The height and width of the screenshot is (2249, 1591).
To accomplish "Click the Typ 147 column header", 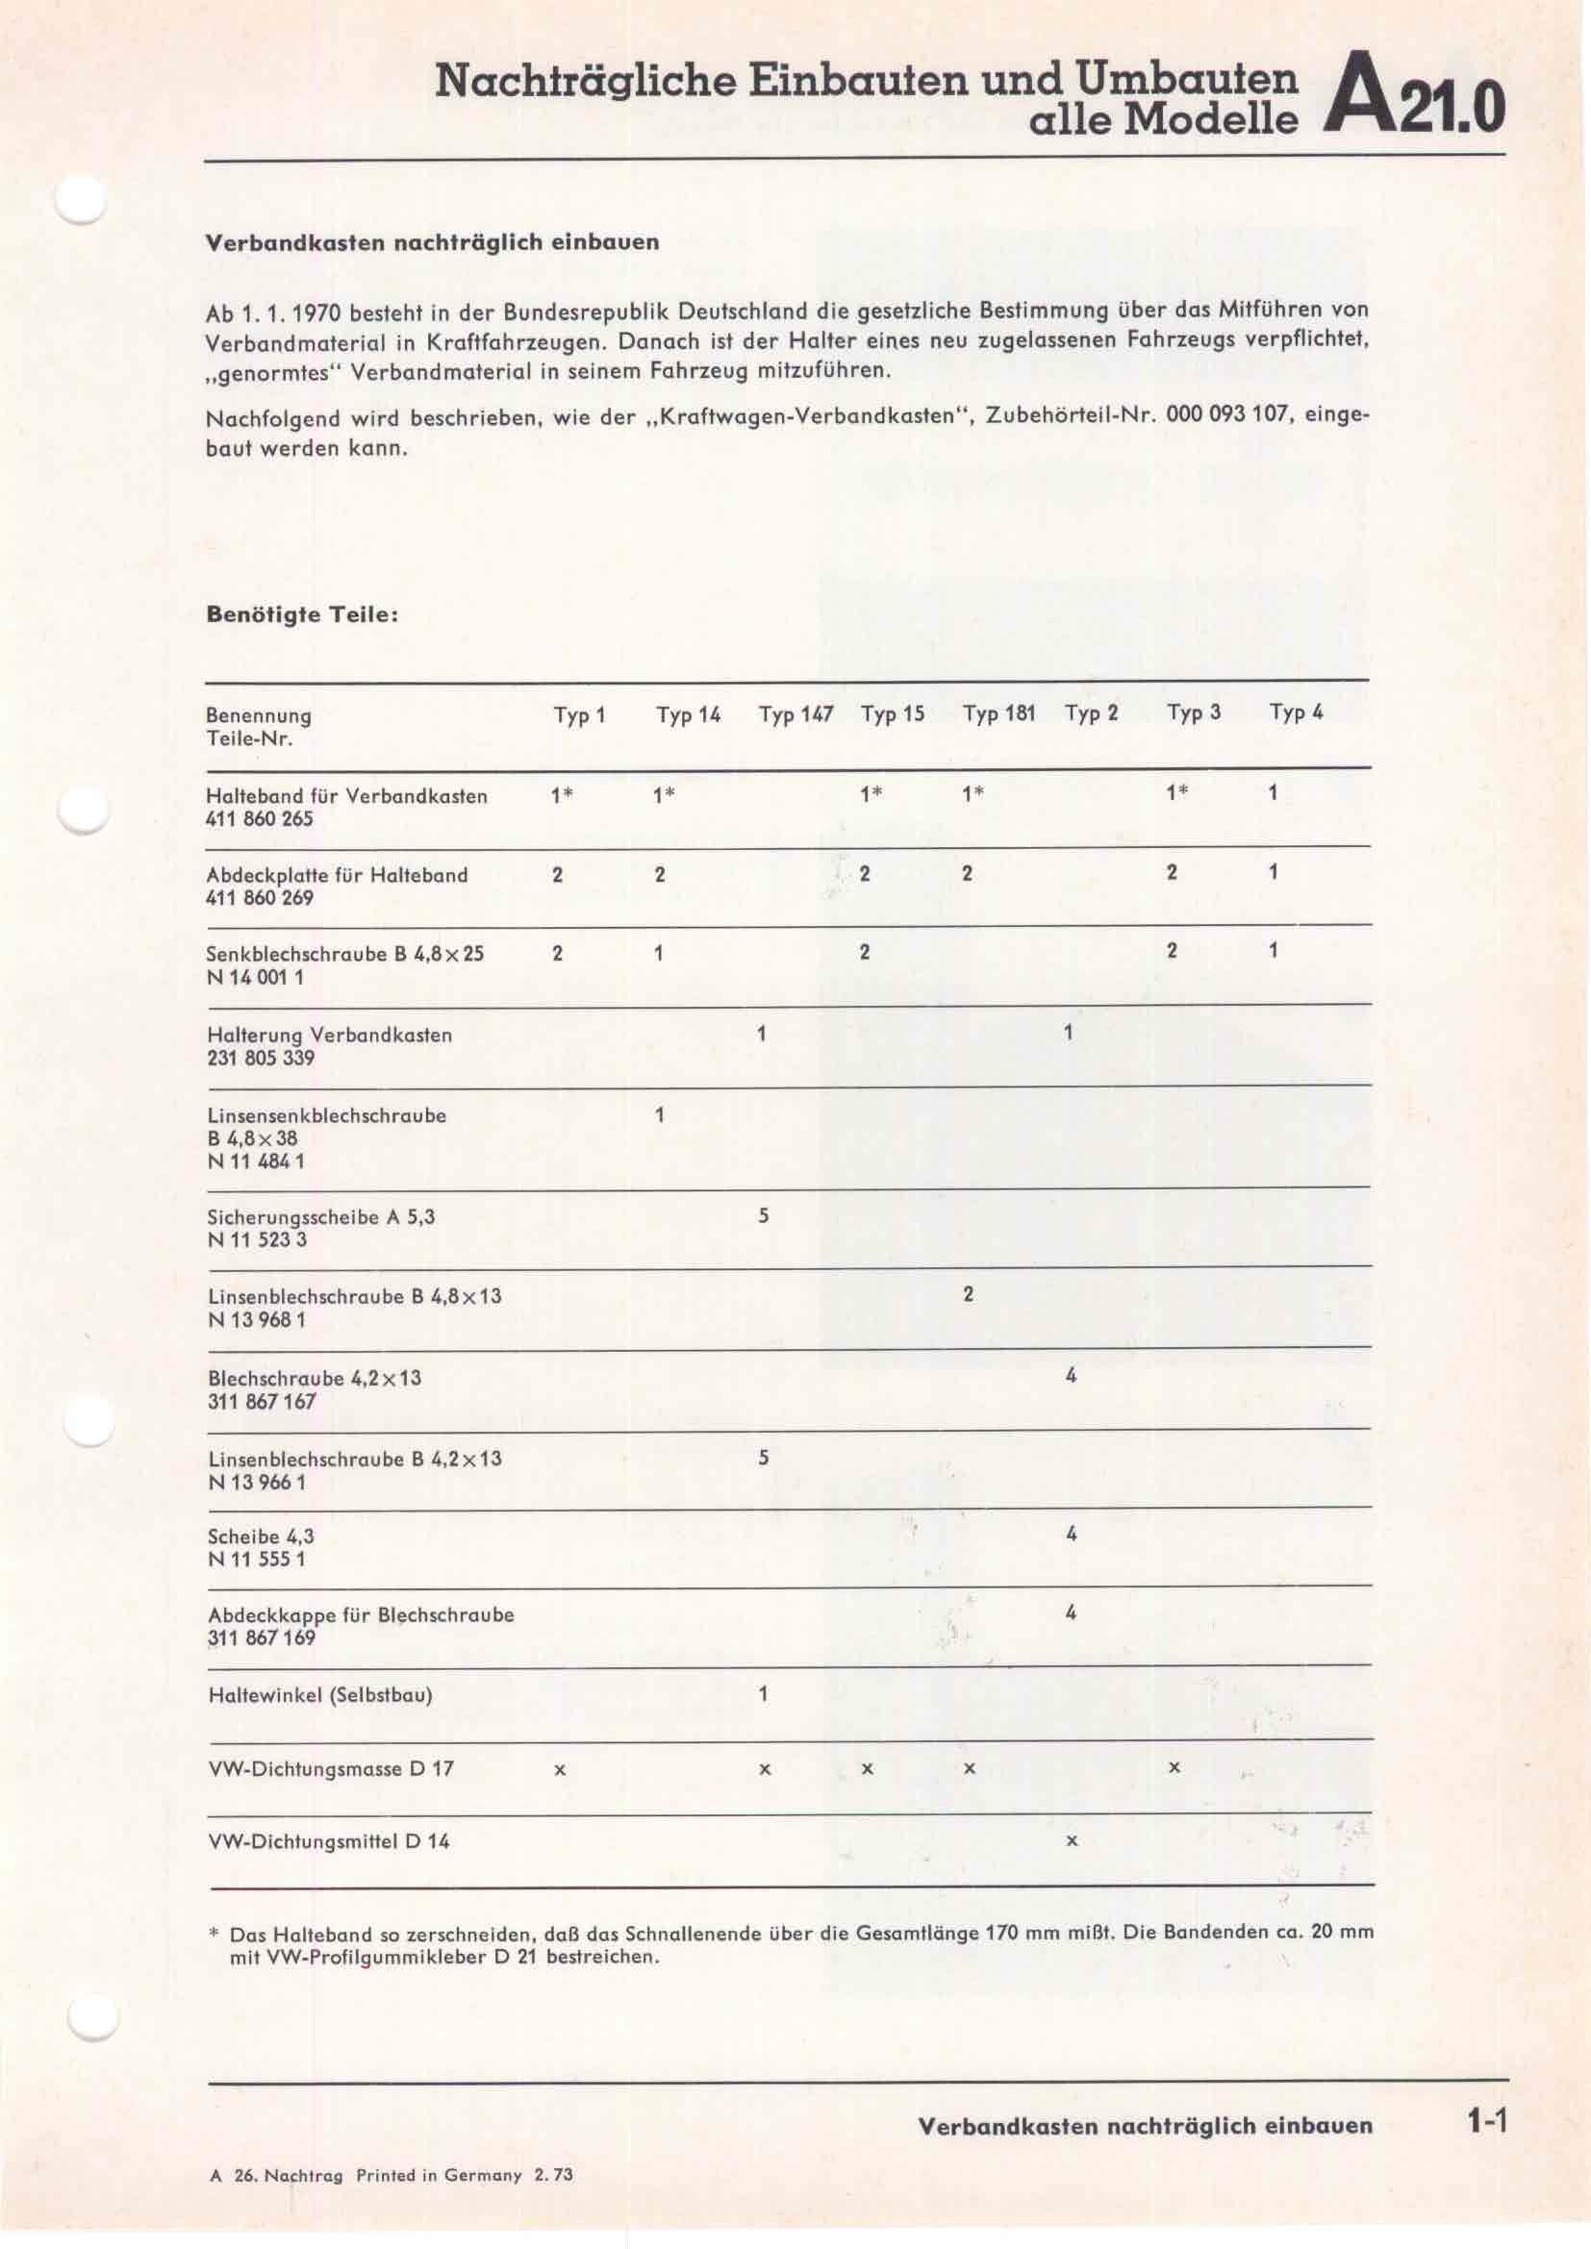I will (795, 715).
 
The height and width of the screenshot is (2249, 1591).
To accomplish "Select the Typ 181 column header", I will (998, 714).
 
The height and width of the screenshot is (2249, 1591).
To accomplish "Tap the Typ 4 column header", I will (1295, 713).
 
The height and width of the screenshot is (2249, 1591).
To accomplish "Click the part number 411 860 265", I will (261, 819).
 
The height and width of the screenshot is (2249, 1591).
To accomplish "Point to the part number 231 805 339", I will (261, 1058).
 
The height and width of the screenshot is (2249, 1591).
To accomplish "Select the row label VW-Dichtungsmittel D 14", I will (329, 1841).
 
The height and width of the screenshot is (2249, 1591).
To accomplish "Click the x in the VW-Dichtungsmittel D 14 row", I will (1071, 1841).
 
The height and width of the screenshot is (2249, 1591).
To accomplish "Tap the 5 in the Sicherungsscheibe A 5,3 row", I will (763, 1216).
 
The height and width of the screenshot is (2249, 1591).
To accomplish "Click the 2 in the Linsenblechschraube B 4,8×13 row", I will (968, 1295).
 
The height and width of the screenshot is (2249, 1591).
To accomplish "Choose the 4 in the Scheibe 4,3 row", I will (1071, 1534).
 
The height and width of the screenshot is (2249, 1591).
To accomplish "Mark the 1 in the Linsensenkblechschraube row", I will (659, 1114).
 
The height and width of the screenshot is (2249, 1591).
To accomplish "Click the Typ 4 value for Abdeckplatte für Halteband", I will (1273, 872).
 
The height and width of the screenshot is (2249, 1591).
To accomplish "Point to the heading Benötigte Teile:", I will (302, 616).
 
